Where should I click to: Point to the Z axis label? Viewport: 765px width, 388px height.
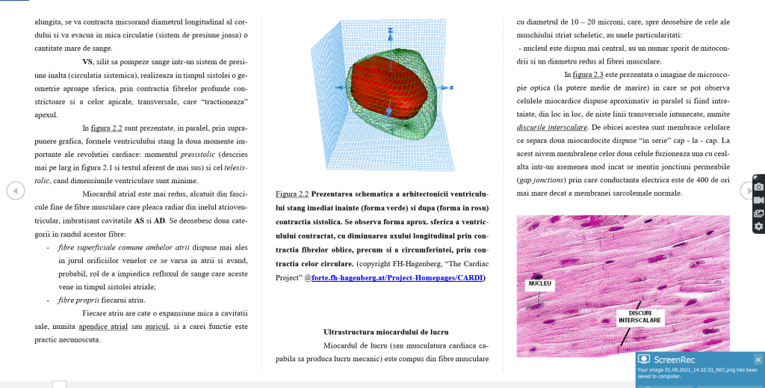(389, 30)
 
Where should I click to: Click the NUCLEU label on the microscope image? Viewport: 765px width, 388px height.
(539, 283)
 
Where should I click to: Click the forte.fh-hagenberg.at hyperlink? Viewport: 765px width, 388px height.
(397, 278)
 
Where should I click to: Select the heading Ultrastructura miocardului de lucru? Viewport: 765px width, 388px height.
(385, 331)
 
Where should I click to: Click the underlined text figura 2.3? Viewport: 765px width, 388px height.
(588, 74)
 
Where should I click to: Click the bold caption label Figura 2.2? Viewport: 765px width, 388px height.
(291, 194)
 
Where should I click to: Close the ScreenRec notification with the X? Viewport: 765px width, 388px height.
(758, 359)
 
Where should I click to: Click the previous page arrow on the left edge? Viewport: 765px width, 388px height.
(15, 191)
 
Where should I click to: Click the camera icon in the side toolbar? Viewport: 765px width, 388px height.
(759, 186)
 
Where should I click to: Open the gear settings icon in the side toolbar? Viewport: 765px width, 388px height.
(759, 227)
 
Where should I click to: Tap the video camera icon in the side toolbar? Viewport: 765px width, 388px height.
(759, 200)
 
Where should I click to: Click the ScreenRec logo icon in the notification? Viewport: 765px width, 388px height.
(644, 359)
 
